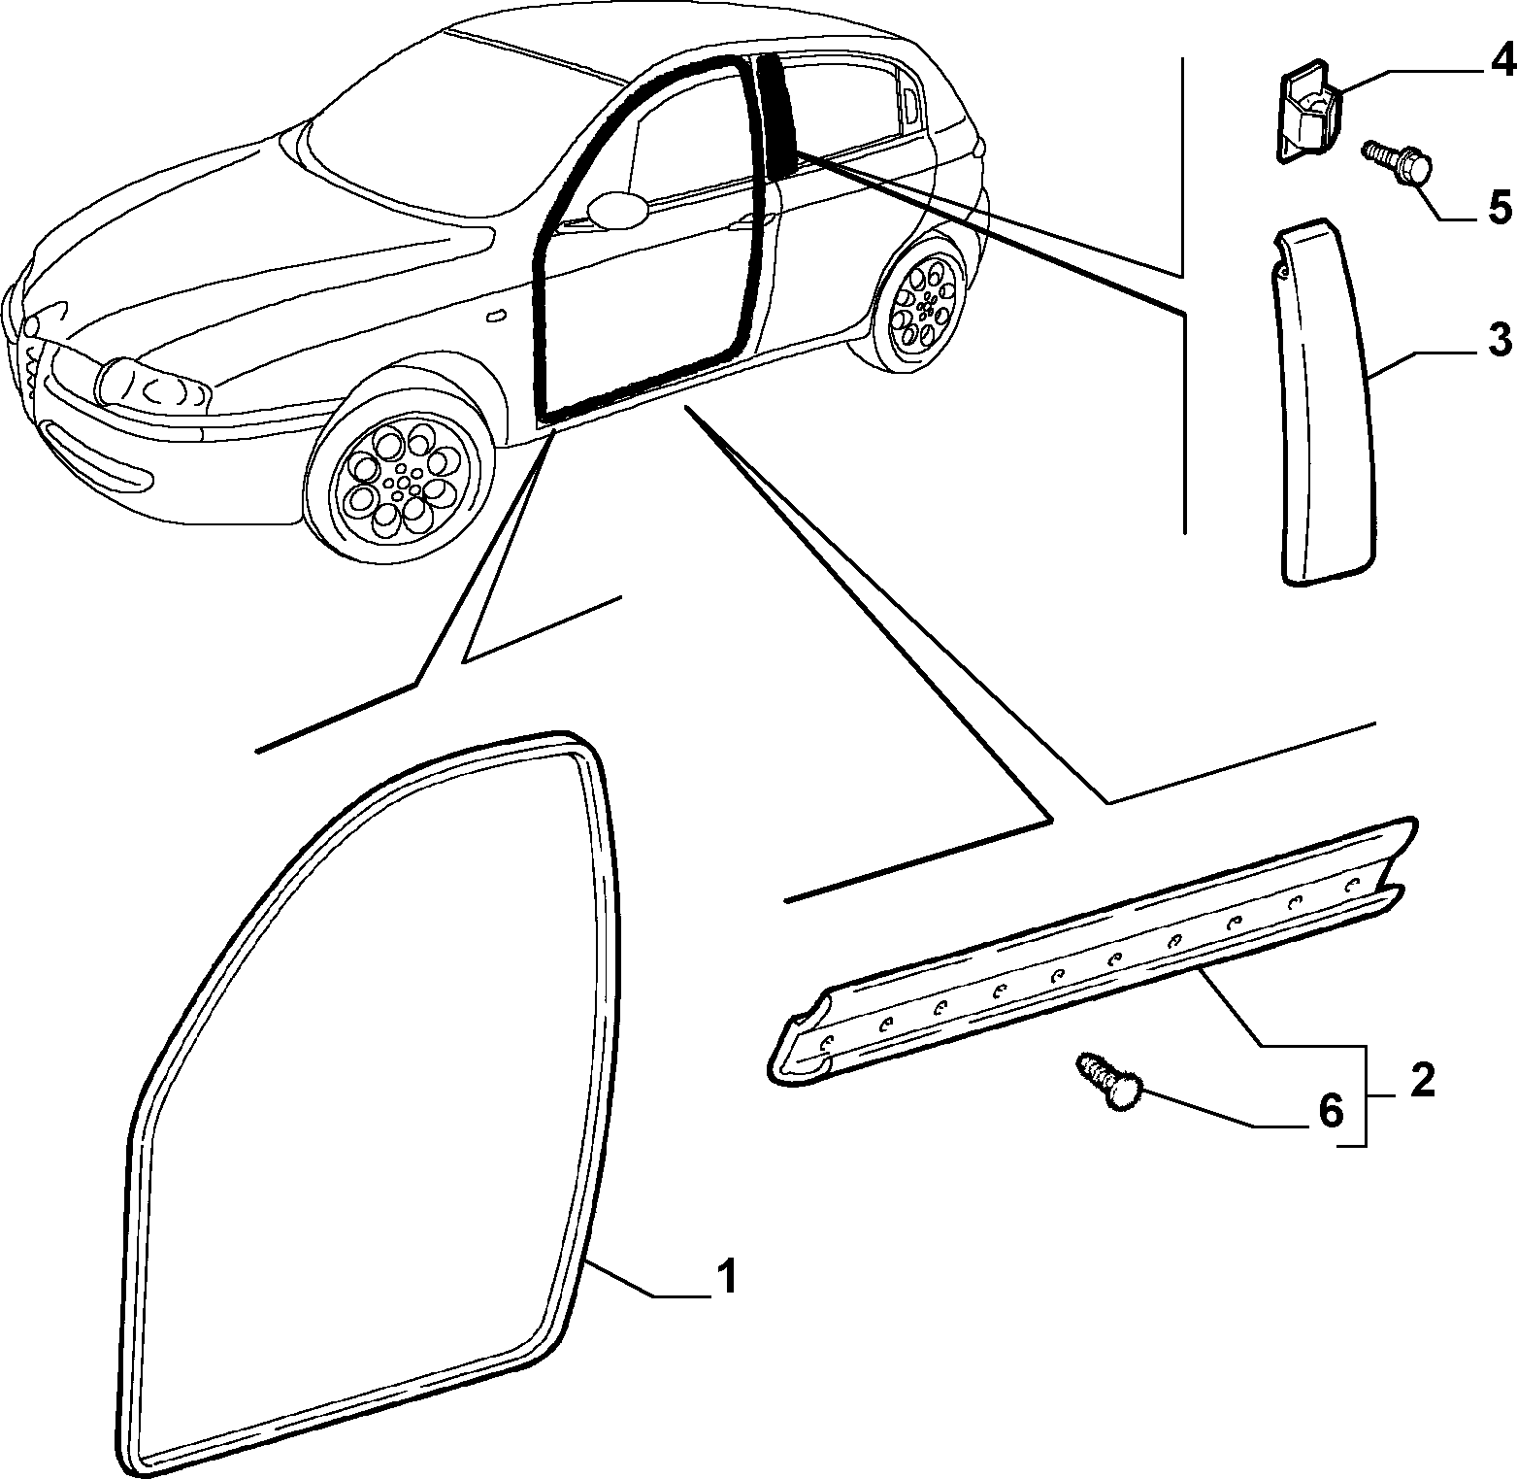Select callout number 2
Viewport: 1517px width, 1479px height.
point(1422,1080)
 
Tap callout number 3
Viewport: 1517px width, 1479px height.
point(1499,340)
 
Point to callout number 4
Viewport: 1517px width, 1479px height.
point(1500,60)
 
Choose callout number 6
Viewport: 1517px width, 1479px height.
point(1330,1109)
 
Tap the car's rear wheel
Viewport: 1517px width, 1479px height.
point(924,304)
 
